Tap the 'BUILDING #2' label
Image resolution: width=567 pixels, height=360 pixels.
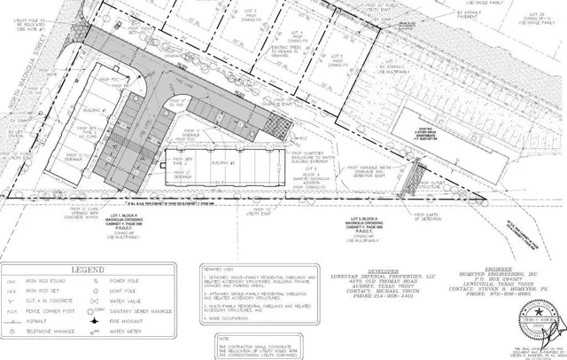click(x=231, y=163)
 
